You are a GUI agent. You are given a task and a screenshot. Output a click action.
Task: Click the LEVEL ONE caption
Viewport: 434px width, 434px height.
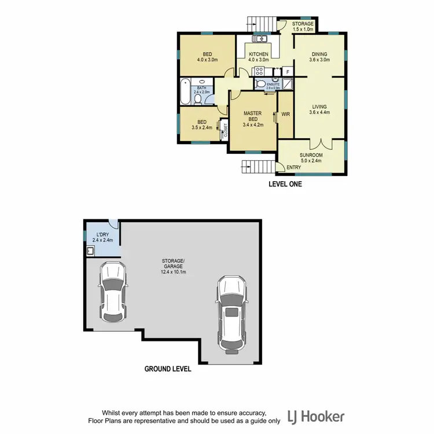click(285, 185)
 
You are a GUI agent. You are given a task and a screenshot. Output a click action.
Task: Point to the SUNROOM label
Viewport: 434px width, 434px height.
click(311, 156)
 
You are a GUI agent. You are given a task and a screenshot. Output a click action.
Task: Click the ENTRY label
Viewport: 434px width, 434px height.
click(293, 168)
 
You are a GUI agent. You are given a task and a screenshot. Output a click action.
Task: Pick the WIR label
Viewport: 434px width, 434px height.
click(285, 115)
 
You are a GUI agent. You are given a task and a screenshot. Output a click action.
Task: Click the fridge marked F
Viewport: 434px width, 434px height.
click(288, 72)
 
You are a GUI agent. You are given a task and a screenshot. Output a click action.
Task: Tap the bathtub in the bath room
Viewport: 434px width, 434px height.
click(187, 91)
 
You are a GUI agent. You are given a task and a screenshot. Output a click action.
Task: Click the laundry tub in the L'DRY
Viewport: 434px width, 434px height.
click(91, 251)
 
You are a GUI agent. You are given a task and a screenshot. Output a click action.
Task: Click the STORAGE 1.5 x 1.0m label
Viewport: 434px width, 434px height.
click(302, 24)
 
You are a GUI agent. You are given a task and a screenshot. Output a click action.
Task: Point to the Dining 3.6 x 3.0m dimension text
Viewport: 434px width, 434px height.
click(319, 60)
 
